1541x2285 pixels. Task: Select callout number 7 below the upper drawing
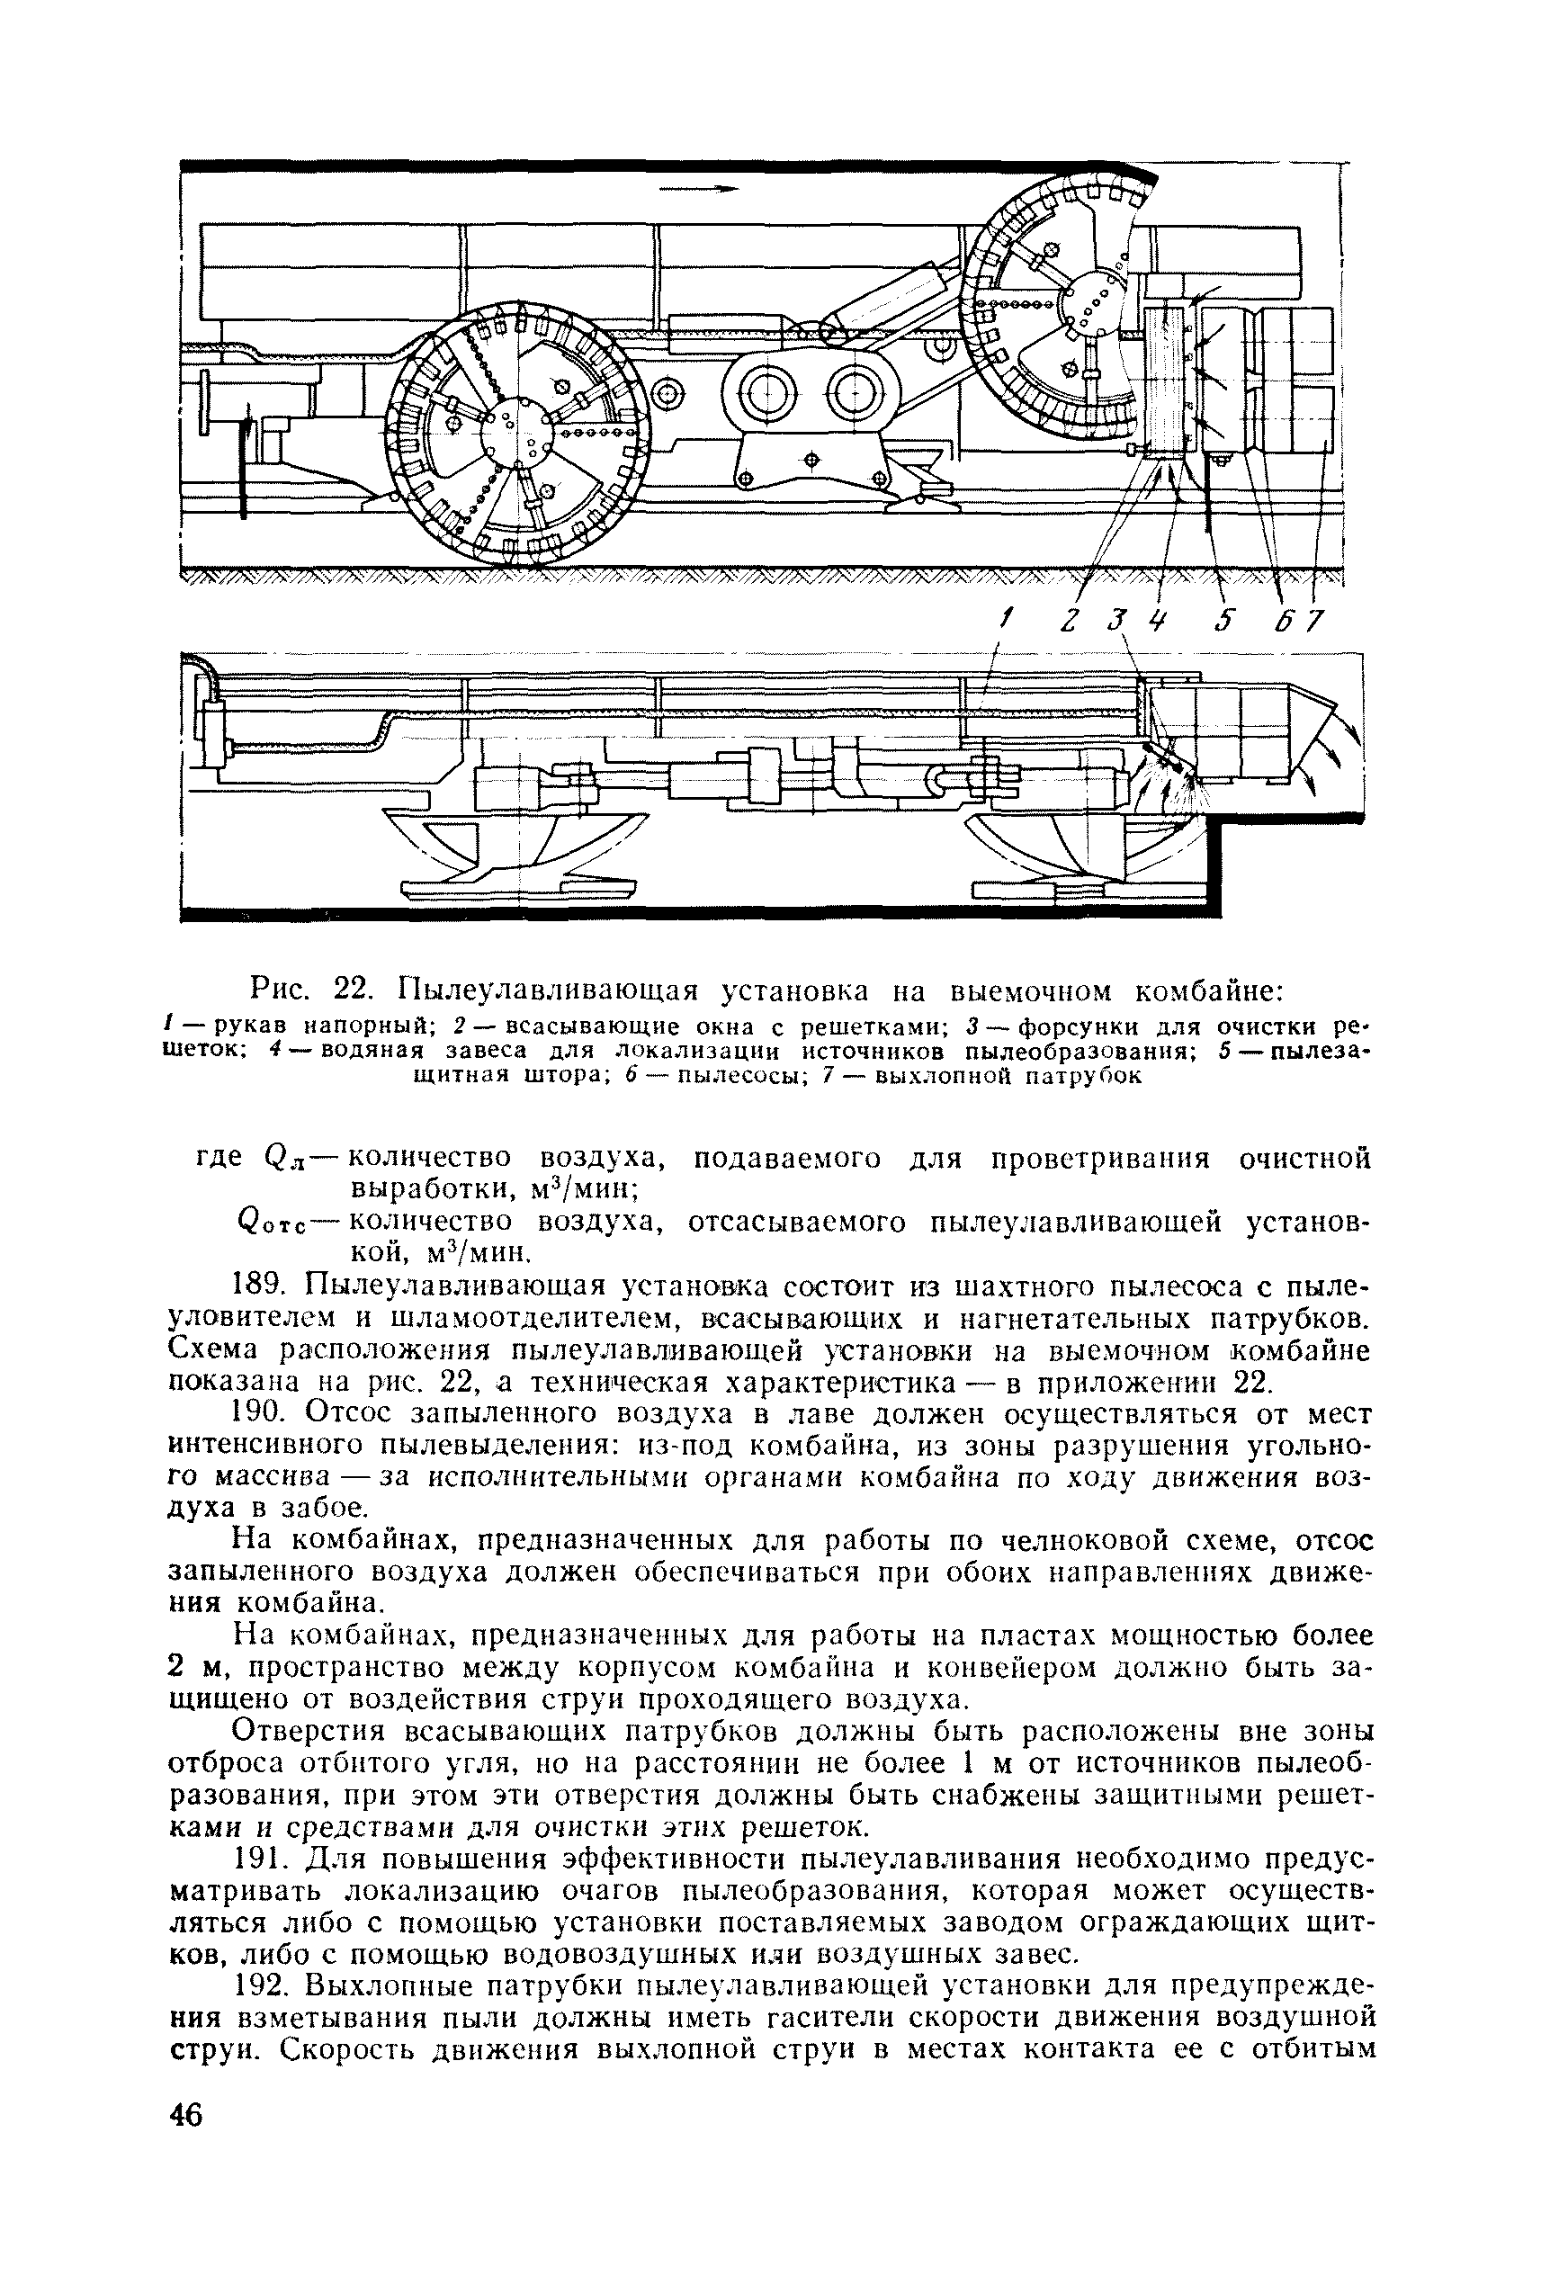click(x=1315, y=621)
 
